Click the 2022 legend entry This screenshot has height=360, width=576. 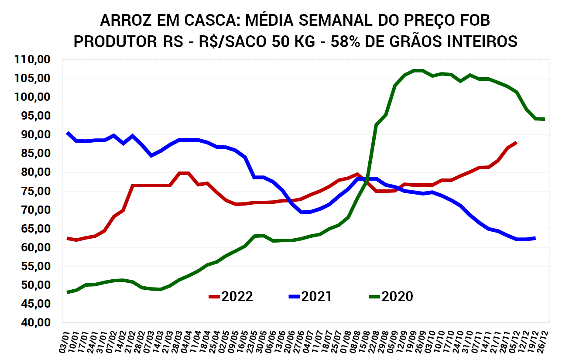[231, 297]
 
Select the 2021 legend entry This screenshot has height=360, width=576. [311, 297]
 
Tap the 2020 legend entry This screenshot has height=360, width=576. [391, 297]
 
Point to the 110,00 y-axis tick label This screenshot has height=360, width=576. [33, 59]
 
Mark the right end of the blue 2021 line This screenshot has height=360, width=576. [535, 238]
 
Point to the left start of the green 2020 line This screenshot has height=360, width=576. [68, 292]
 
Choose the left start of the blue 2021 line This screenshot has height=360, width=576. [68, 133]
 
